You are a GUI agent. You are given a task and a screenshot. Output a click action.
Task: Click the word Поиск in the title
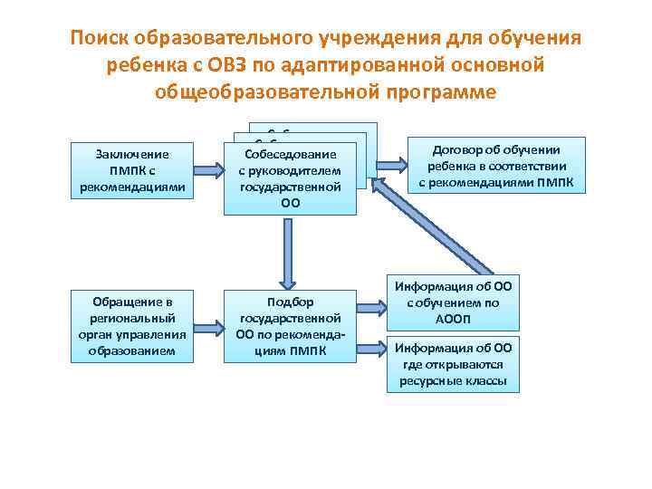tap(101, 40)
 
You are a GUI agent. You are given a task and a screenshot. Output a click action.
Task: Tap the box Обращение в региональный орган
tap(133, 326)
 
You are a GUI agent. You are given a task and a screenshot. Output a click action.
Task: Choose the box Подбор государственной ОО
tap(290, 326)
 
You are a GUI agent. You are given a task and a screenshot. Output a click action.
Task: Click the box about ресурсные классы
tap(454, 363)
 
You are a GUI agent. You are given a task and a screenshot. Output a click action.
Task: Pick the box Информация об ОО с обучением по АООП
tap(454, 302)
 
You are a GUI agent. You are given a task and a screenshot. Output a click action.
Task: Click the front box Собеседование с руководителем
tap(290, 178)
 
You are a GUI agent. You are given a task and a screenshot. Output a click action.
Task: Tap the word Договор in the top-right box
tap(459, 150)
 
